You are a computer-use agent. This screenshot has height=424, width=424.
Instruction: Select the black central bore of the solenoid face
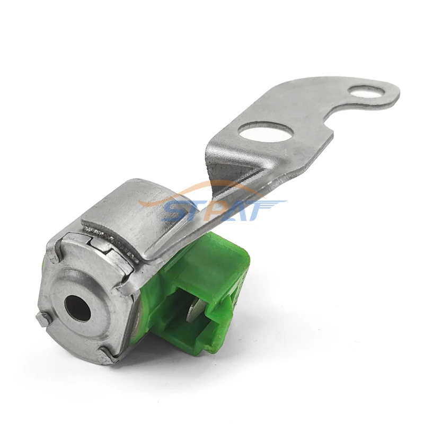[74, 305]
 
